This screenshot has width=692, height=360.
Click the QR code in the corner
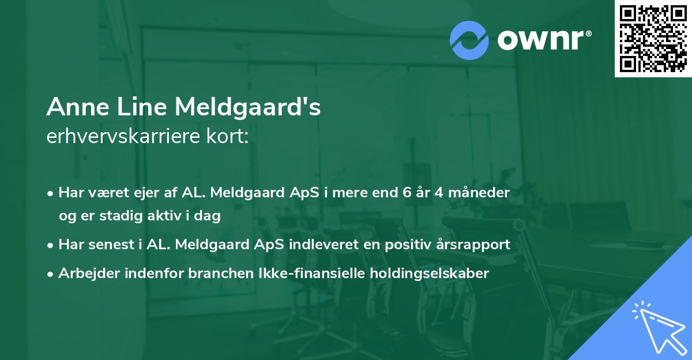pyautogui.click(x=653, y=38)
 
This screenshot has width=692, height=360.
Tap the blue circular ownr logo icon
pyautogui.click(x=469, y=40)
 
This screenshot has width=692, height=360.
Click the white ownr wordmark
pyautogui.click(x=543, y=40)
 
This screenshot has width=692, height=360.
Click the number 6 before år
pyautogui.click(x=407, y=193)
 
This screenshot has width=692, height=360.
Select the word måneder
pyautogui.click(x=481, y=193)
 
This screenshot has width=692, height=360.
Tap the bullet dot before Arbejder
pyautogui.click(x=51, y=274)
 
